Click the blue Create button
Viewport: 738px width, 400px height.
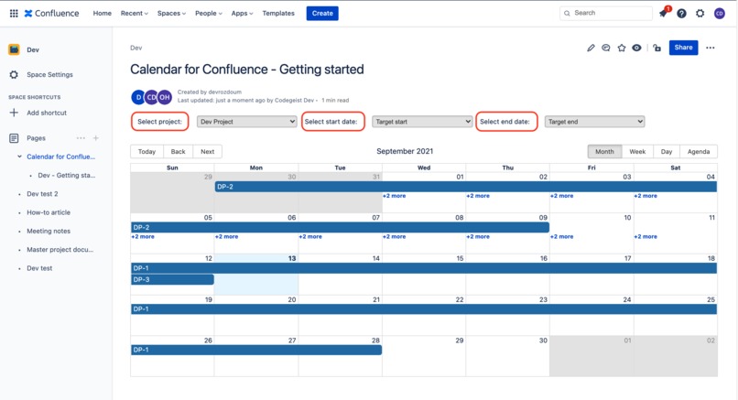[x=322, y=13]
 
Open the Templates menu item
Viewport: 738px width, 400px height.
[x=278, y=14]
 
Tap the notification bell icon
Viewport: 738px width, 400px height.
[x=663, y=14]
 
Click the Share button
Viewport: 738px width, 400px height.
[x=683, y=48]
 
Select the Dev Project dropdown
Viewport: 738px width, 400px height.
[x=247, y=121]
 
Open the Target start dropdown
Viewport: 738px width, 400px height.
[x=422, y=121]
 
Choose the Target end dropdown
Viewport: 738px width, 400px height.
[x=594, y=121]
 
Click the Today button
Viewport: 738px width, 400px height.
[x=147, y=152]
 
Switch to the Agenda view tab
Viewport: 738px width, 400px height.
[x=699, y=152]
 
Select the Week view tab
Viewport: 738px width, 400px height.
[x=637, y=152]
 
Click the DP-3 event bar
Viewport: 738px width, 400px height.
[x=172, y=279]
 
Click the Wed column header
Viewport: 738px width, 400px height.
[x=424, y=168]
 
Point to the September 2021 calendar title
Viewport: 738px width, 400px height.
[x=405, y=151]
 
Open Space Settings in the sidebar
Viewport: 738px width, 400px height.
[x=49, y=75]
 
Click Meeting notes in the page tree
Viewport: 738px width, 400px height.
[x=49, y=231]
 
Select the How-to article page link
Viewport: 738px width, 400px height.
[x=49, y=212]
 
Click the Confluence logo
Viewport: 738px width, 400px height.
[x=51, y=14]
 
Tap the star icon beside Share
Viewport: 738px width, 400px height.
[x=622, y=48]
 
